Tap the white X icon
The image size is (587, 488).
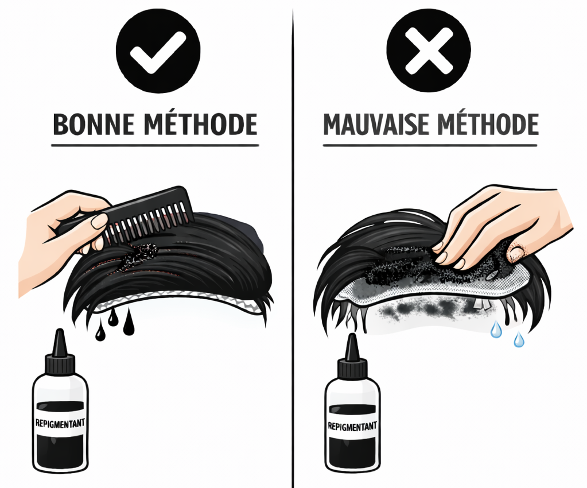428,51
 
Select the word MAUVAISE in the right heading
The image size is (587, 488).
378,124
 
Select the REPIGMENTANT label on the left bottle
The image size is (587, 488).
60,423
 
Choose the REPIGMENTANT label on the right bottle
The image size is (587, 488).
352,426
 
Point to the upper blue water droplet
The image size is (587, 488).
496,329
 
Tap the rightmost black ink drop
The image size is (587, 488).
129,323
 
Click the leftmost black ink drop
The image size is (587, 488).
100,334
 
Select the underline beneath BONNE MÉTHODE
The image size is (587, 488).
155,145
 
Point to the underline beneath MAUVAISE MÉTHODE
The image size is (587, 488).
430,145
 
